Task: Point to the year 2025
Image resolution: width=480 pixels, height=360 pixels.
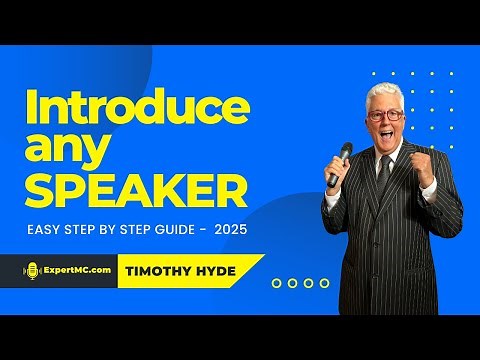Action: point(229,229)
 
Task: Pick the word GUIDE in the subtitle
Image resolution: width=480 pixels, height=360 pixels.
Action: point(169,229)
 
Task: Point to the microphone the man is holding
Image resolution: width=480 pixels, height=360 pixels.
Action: point(342,160)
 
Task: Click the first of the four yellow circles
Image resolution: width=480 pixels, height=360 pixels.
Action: point(276,283)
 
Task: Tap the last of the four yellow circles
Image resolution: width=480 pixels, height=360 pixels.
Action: point(324,283)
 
